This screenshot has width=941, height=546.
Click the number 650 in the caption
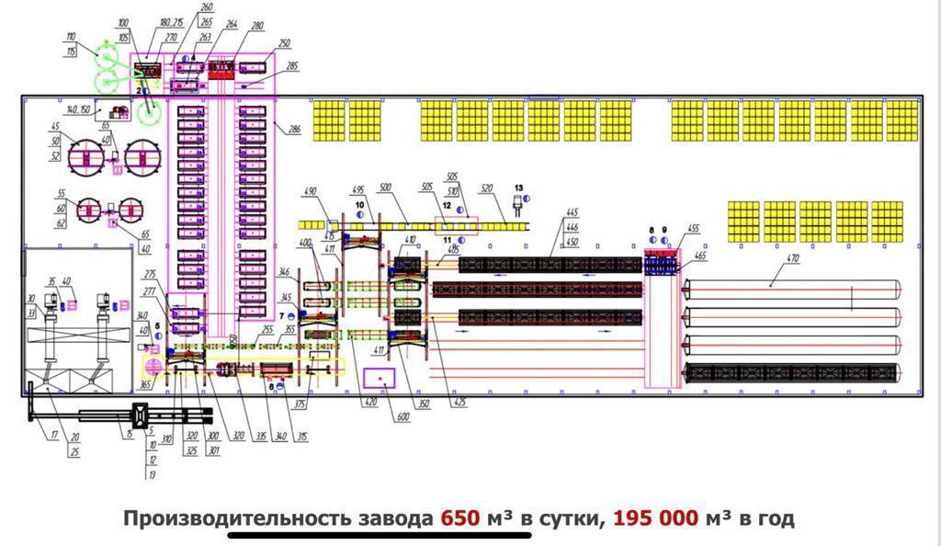pos(460,518)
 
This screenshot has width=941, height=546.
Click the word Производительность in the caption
pos(236,518)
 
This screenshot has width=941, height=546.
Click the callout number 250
pos(284,44)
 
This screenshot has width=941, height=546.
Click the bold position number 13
pos(517,187)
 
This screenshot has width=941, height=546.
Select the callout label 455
pos(693,229)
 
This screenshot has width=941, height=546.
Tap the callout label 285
pos(292,66)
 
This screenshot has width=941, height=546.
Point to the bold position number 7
pos(282,317)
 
